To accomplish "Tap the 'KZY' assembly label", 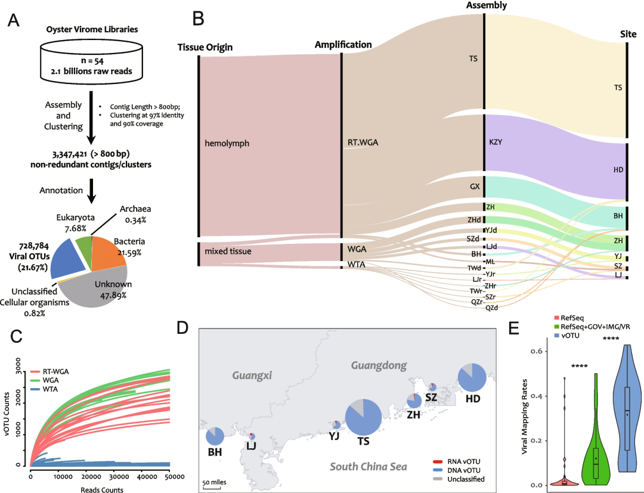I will coord(496,143).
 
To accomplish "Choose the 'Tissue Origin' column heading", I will coord(205,47).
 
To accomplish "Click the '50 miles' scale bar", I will coord(212,483).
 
